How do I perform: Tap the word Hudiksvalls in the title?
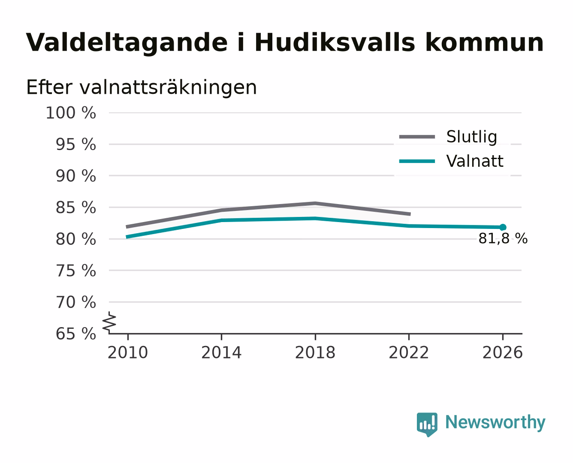(335, 42)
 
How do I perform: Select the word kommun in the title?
(485, 42)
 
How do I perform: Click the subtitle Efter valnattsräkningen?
(142, 87)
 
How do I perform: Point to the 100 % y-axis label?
(71, 113)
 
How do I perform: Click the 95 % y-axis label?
(76, 144)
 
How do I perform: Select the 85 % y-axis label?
(76, 207)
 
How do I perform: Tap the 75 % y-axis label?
(76, 271)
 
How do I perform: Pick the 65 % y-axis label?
(76, 334)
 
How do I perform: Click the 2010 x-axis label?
(128, 352)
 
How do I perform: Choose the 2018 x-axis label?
(315, 352)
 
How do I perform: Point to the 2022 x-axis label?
(409, 352)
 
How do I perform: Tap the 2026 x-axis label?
(503, 352)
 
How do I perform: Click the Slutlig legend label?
(472, 137)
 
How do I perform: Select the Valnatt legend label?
(475, 161)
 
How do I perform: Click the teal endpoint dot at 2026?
(503, 227)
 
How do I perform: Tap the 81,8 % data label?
(503, 238)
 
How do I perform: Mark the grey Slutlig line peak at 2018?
(315, 203)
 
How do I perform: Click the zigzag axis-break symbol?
(109, 322)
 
